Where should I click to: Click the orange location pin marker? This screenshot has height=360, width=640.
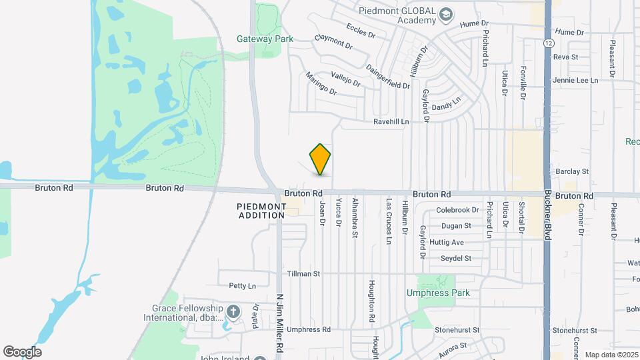[x=321, y=159]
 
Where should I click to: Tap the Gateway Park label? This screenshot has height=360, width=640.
[x=265, y=39]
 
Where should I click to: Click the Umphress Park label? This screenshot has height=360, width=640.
[x=438, y=293]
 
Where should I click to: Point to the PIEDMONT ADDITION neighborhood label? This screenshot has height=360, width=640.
[x=262, y=211]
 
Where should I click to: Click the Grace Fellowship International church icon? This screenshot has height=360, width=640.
[x=233, y=311]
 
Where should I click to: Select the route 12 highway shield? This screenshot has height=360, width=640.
[x=547, y=43]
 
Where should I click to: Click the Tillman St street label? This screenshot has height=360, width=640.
[x=303, y=273]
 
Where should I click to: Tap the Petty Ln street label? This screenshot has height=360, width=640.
[x=242, y=286]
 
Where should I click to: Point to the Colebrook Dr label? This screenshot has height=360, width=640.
[x=457, y=210]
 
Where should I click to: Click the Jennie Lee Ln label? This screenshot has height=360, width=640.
[x=575, y=80]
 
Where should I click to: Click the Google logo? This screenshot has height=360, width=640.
[x=22, y=351]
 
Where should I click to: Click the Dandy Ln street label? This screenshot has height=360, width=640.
[x=446, y=104]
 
